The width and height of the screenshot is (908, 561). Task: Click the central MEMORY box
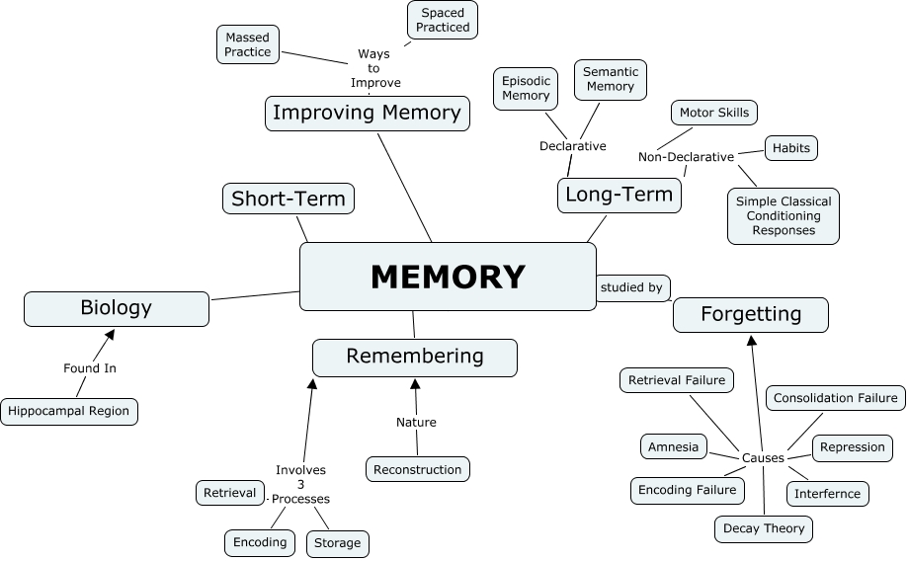(448, 277)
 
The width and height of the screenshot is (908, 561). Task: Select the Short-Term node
(289, 199)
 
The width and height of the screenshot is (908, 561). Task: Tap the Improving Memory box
(367, 113)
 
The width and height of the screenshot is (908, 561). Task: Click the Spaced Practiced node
(443, 20)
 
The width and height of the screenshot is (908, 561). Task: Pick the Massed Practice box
(248, 44)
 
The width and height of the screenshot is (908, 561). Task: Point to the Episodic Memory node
(526, 88)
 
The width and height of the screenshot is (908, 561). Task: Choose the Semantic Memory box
(611, 79)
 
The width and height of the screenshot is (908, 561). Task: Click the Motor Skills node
(714, 113)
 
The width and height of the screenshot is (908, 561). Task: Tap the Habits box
(791, 148)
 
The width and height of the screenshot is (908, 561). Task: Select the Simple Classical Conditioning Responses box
(784, 215)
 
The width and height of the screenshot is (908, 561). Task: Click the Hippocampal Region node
(69, 411)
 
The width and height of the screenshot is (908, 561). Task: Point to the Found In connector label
(90, 368)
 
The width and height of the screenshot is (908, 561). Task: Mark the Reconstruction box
(418, 469)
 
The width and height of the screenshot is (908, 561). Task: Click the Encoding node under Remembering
(260, 541)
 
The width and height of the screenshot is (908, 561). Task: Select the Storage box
(338, 543)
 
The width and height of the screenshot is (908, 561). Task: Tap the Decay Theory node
(764, 528)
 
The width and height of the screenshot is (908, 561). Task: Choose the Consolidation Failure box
(836, 398)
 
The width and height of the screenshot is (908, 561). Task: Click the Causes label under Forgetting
(763, 458)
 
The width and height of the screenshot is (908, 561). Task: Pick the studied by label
(631, 287)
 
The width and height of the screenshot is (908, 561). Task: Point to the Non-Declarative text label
(686, 157)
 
